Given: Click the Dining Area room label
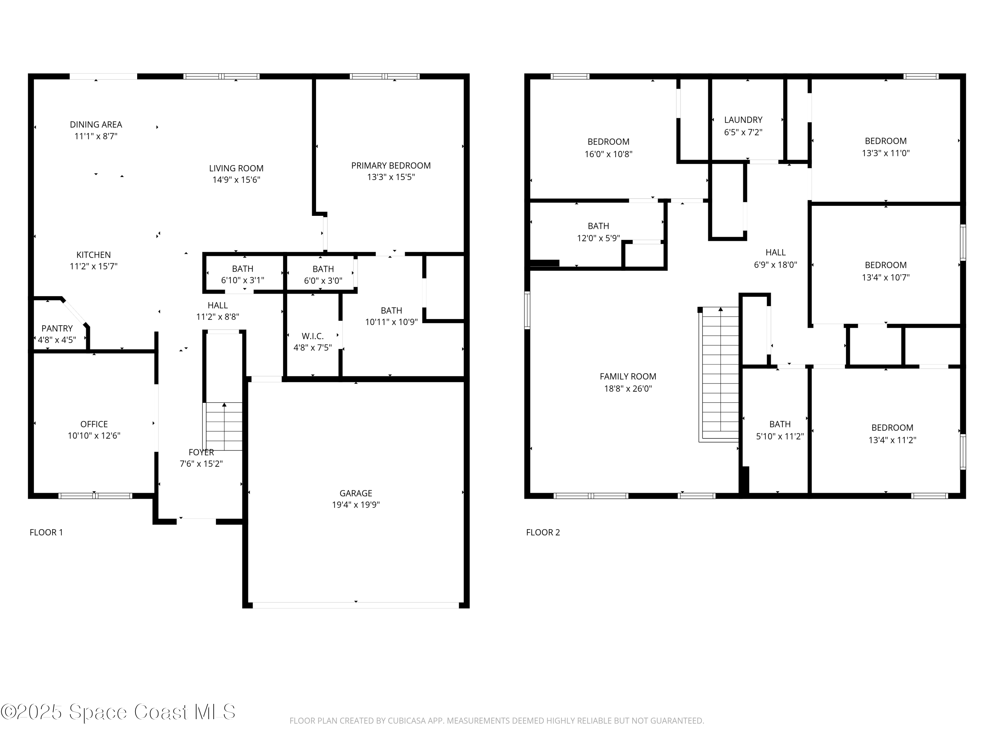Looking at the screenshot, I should tap(96, 125).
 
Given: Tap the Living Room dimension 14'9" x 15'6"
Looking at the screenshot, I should tap(236, 180).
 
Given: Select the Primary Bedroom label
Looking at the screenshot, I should tap(391, 165).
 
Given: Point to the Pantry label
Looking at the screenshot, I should tap(57, 329).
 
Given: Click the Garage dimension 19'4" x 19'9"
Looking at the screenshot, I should tap(356, 505).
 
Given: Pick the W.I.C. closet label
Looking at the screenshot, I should tap(312, 336).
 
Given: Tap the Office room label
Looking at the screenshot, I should tap(94, 424).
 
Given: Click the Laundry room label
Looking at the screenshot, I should tap(743, 120).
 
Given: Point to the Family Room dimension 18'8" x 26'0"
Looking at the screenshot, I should tap(628, 389).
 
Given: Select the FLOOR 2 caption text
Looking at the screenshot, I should tap(543, 532).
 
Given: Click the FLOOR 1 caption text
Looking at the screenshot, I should tap(46, 532).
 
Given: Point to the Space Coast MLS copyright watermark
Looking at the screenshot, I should tap(118, 712).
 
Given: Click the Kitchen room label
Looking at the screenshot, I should tap(93, 255).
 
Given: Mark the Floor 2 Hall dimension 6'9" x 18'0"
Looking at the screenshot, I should tap(775, 265).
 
